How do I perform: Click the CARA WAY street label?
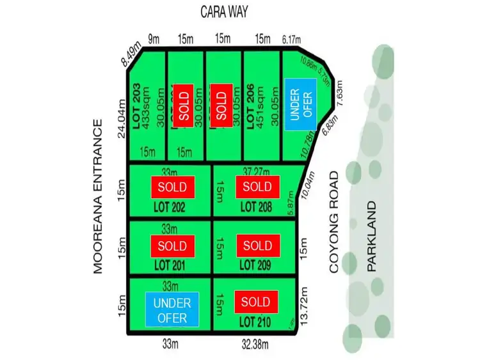pos(224,12)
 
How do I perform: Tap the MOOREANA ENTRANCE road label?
pos(98,196)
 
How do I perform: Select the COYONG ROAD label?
pos(334,224)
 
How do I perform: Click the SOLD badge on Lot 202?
pos(172,187)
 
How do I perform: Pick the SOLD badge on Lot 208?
pos(257,187)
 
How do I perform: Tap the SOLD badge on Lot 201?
pos(172,246)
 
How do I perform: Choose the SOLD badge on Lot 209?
pos(257,246)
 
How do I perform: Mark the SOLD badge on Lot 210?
pos(257,301)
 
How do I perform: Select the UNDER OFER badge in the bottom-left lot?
pos(172,309)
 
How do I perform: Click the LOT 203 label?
pos(136,106)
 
